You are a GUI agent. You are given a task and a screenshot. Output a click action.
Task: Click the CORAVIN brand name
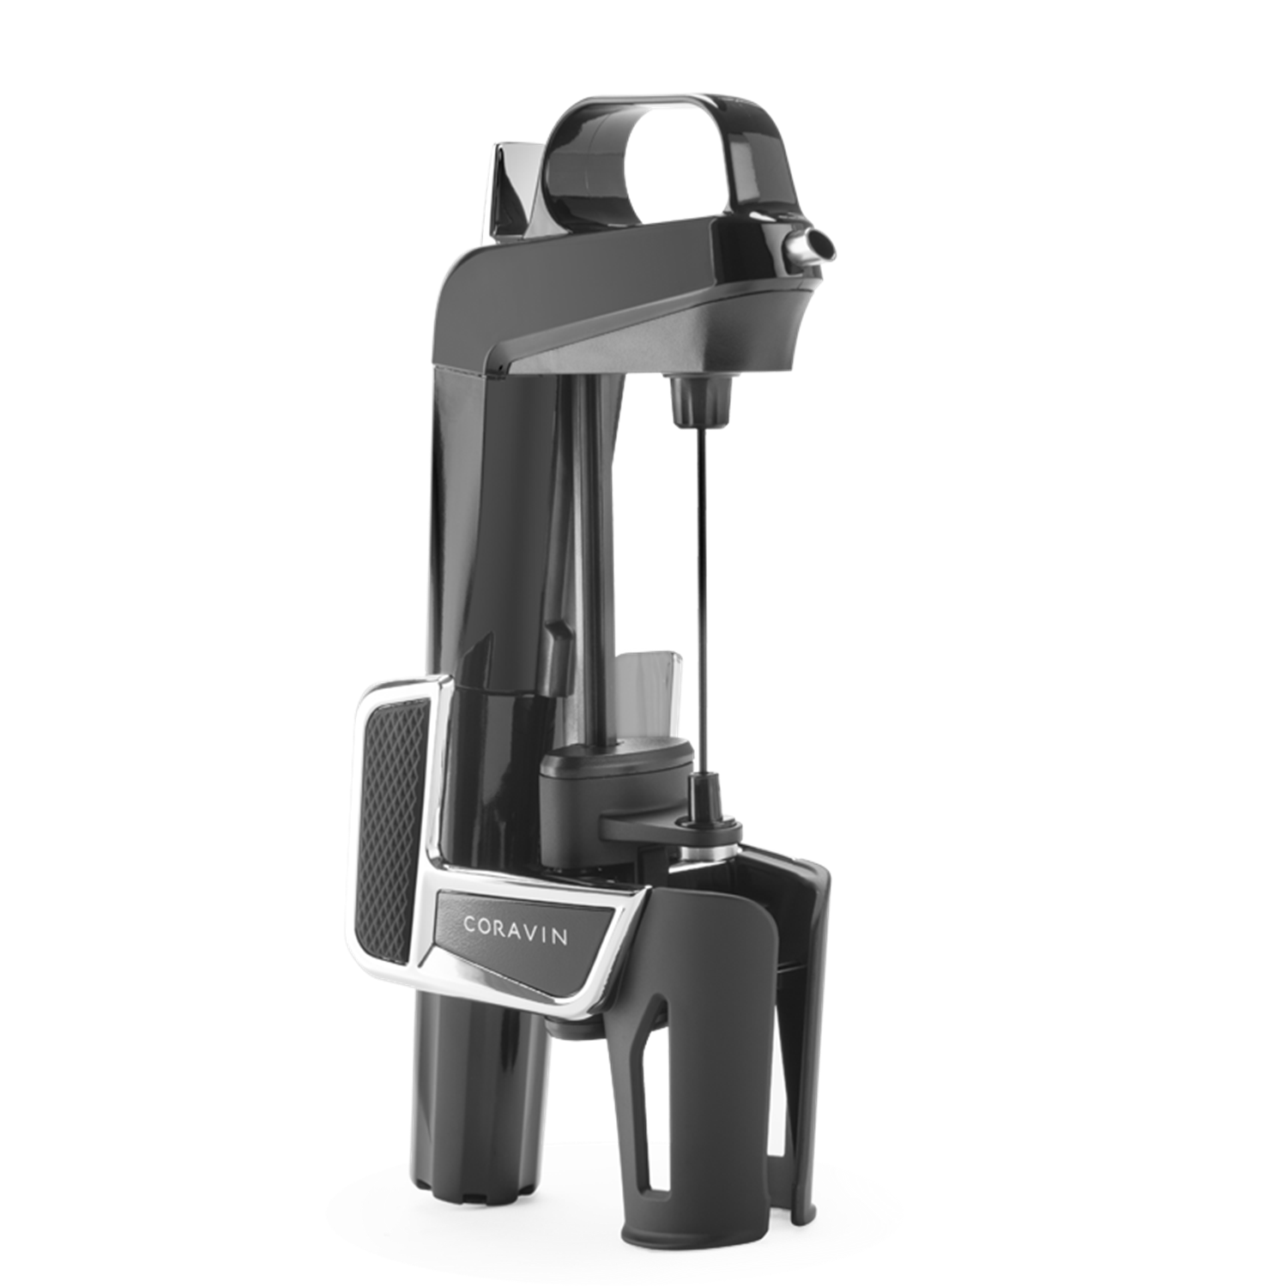(x=515, y=930)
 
